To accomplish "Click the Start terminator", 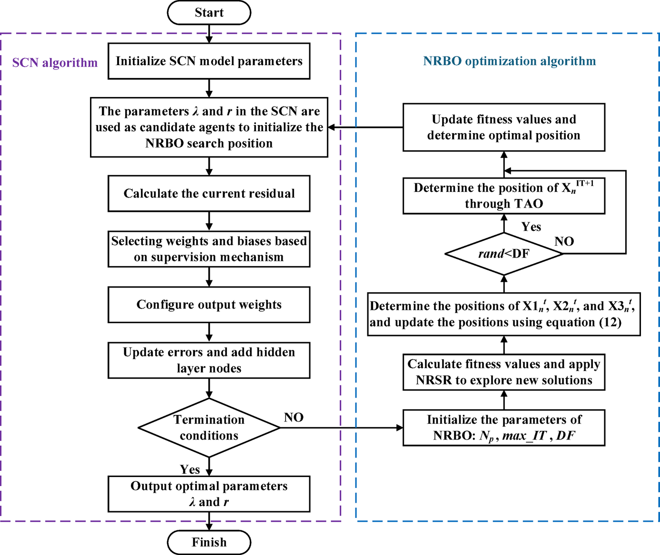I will pos(209,13).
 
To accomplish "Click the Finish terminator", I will pos(209,542).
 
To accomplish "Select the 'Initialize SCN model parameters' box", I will pos(209,61).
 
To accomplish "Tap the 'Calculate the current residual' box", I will pos(209,193).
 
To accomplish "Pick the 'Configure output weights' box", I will pos(209,305).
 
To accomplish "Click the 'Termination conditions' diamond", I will pos(209,428).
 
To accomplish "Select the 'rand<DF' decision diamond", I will pos(504,254).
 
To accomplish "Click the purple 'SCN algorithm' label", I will pos(55,63).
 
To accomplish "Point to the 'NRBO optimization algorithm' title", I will pos(509,61).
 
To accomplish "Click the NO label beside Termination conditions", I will pos(294,417).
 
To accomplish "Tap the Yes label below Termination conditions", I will pos(190,469).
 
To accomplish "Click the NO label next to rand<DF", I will pos(564,241).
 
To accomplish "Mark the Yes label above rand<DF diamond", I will pos(531,227).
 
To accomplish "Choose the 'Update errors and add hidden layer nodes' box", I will pos(209,360).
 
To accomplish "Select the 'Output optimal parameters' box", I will pos(209,494).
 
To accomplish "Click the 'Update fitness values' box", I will pos(504,127).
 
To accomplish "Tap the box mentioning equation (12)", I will pos(504,314).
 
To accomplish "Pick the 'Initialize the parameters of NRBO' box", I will pos(504,428).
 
